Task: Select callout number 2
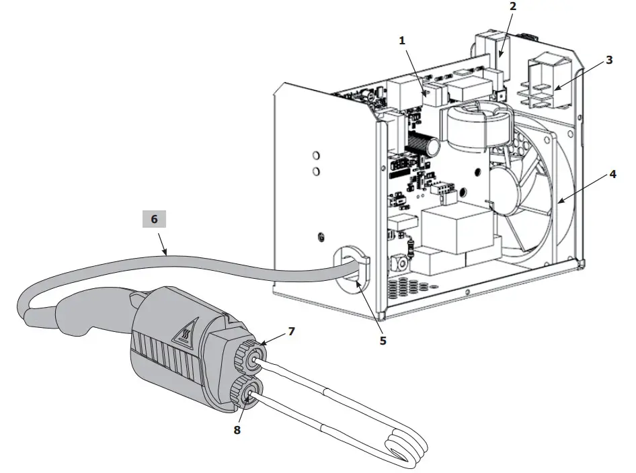[512, 7]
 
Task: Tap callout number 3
[608, 60]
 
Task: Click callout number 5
[383, 340]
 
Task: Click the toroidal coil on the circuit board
[475, 127]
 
